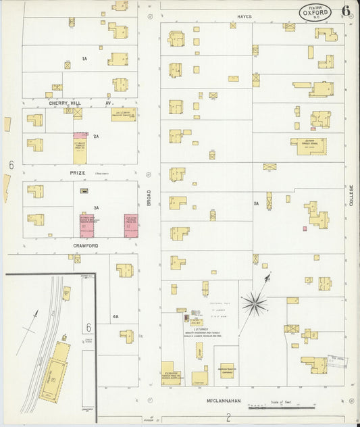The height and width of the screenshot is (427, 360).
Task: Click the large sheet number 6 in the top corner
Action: pos(346,11)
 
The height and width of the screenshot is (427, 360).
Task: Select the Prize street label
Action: pos(78,173)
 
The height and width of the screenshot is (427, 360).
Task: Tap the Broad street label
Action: pos(148,198)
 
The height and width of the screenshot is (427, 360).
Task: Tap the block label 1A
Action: pos(84,59)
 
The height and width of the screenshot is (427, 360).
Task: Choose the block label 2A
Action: pos(97,136)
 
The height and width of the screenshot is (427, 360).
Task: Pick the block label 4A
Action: pos(115,316)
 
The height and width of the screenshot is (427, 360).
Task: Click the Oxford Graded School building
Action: pos(307,143)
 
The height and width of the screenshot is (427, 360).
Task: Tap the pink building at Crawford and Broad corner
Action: pos(131,226)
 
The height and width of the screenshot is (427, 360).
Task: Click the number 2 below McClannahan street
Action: pos(228,418)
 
